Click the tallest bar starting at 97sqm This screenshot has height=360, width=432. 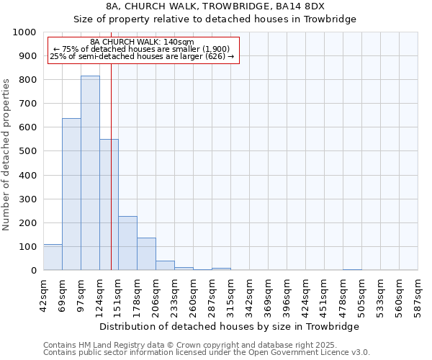click(x=90, y=173)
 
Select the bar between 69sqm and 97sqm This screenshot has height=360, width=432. click(x=71, y=194)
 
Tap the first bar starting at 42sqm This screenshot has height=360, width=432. click(x=53, y=257)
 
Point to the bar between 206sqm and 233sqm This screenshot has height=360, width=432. click(x=165, y=265)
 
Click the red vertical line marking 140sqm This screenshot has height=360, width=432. click(x=111, y=180)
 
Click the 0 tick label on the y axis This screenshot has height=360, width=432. click(x=34, y=271)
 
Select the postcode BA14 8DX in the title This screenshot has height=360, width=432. click(x=301, y=6)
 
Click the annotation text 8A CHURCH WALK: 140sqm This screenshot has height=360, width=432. click(x=142, y=42)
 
